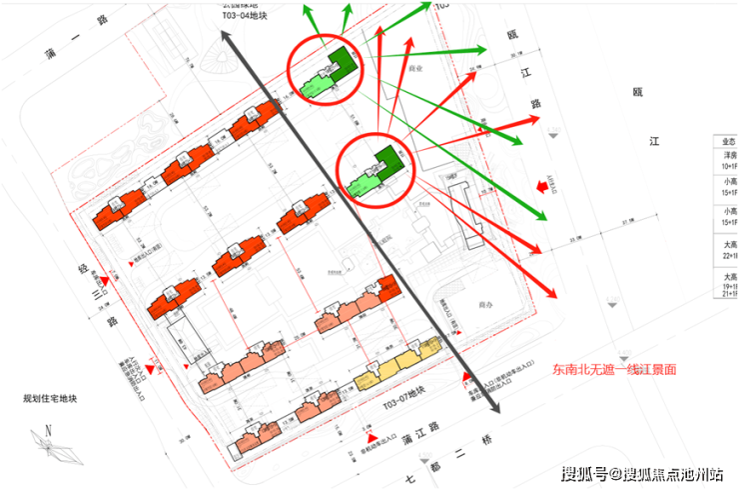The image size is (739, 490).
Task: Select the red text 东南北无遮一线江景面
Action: [614, 369]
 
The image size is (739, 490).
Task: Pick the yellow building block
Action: [400, 363]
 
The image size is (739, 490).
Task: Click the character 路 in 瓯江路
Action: [535, 102]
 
